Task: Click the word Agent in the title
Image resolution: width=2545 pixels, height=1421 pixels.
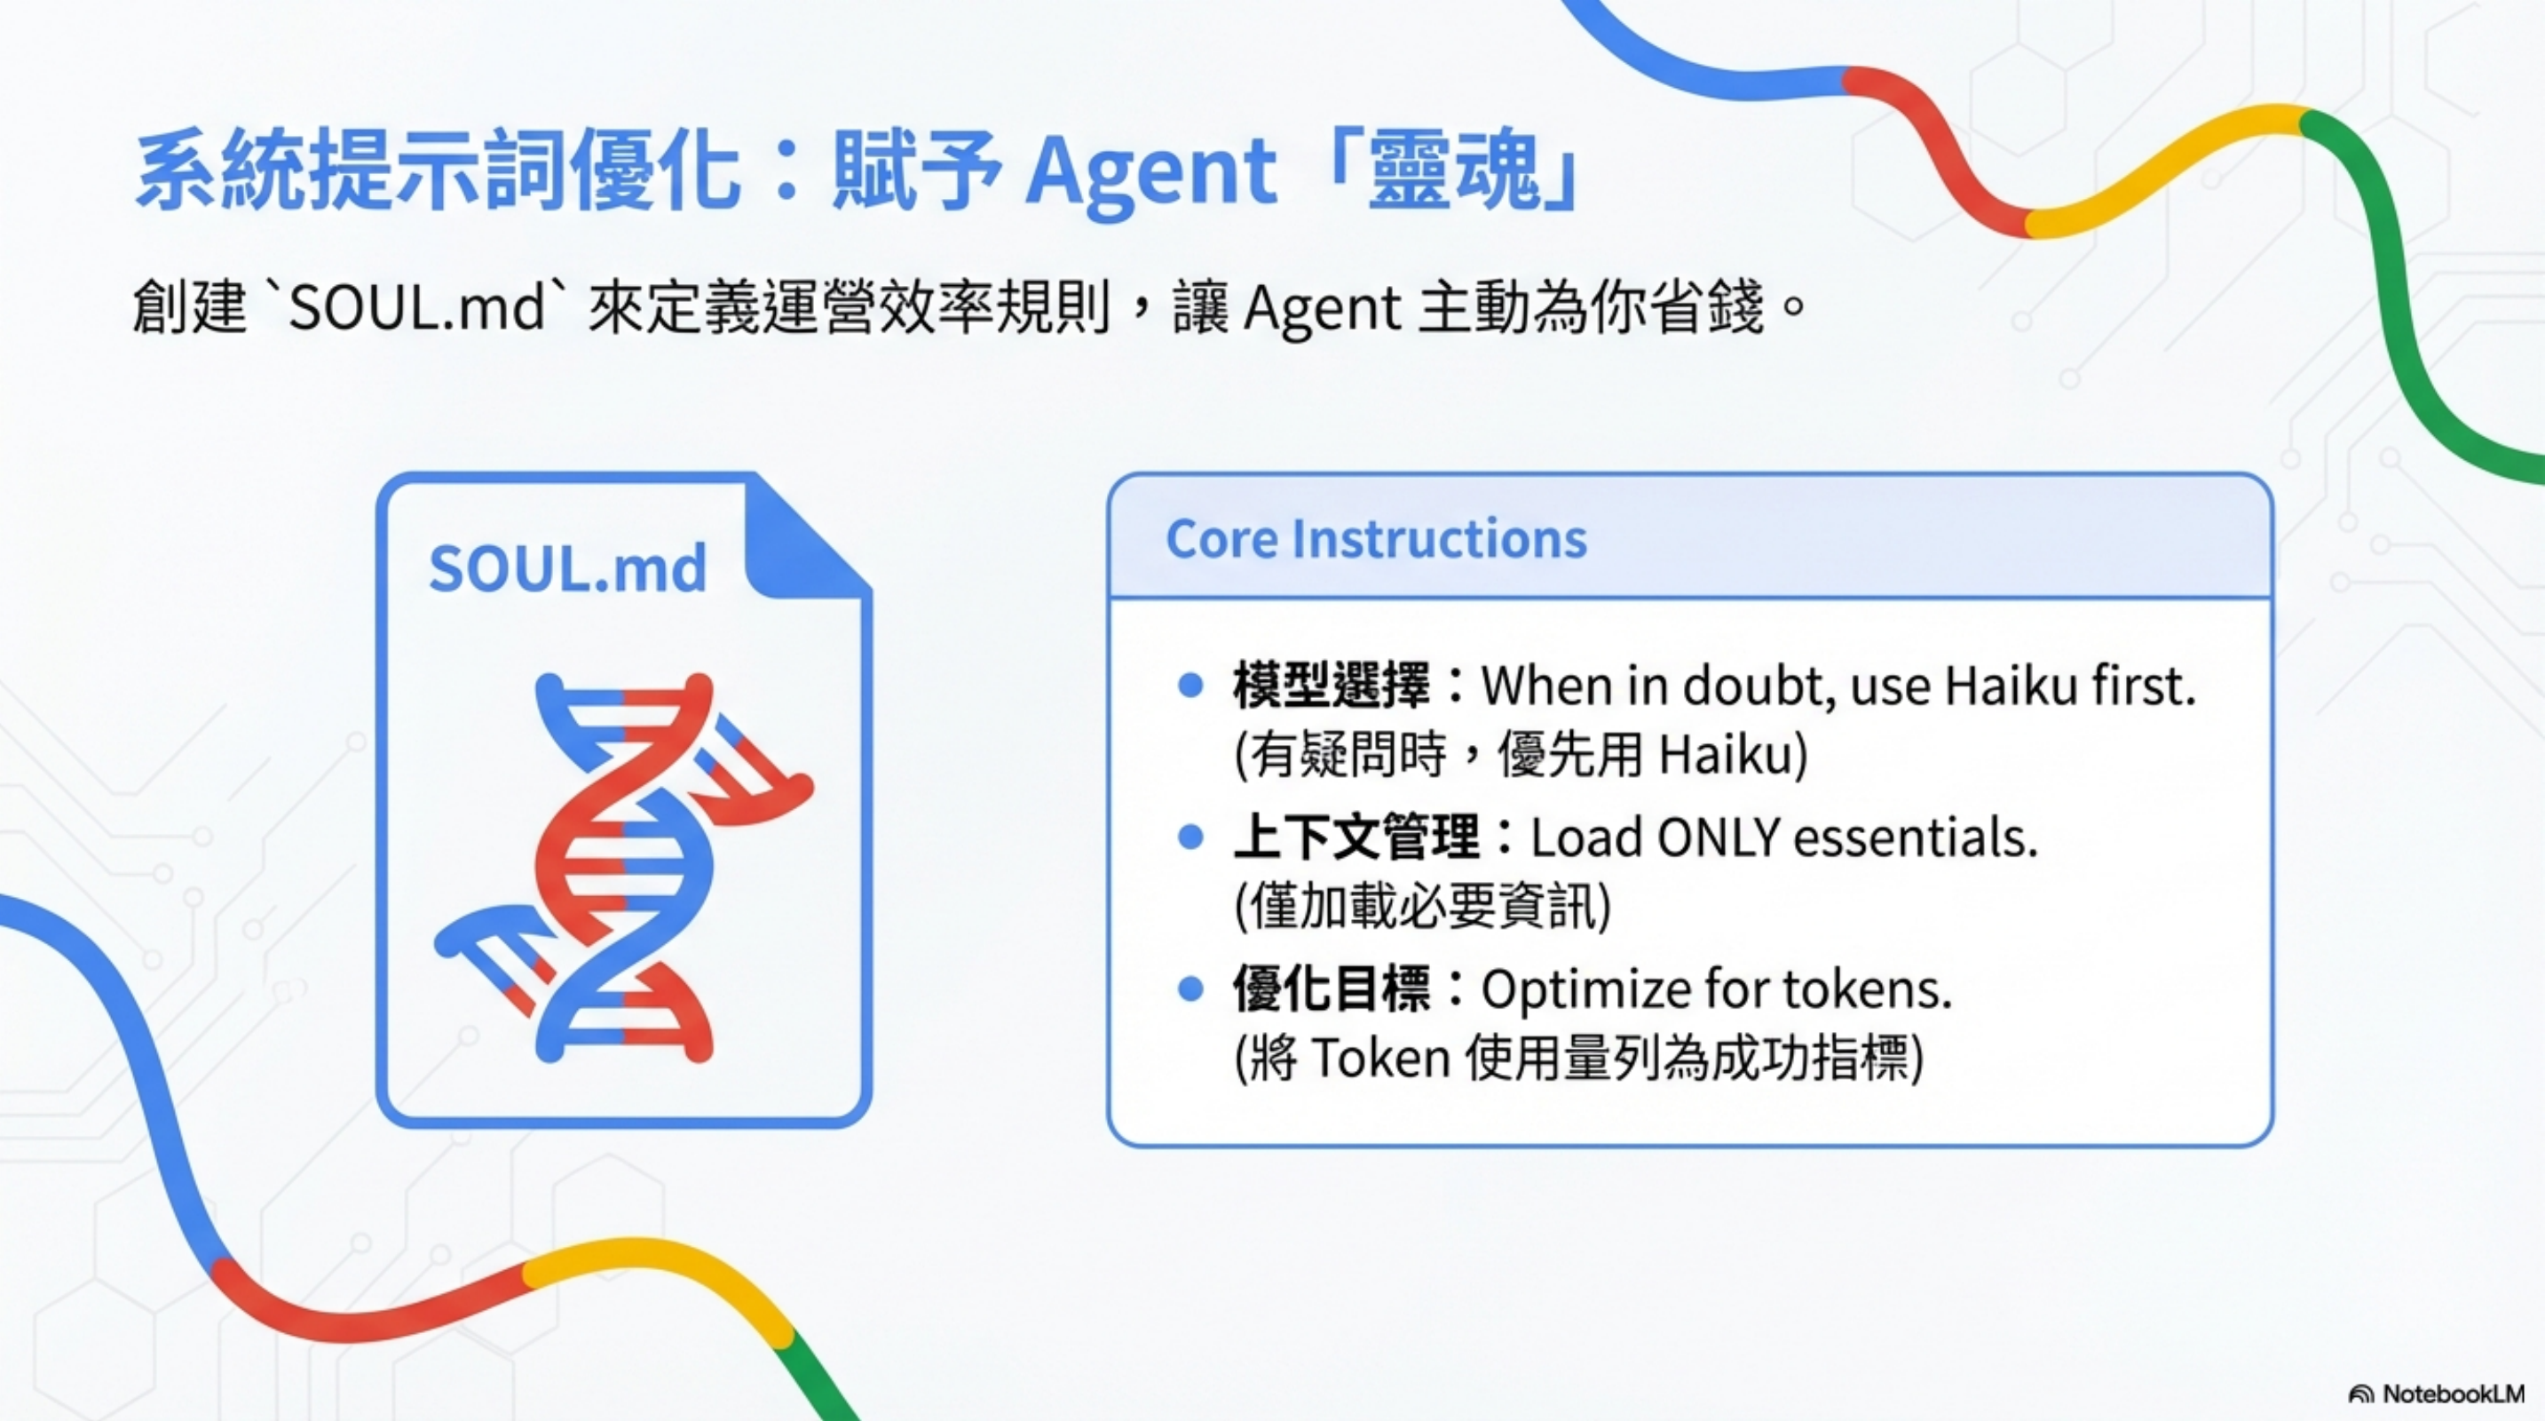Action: tap(1151, 172)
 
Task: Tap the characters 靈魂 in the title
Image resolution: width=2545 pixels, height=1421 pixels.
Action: tap(1455, 172)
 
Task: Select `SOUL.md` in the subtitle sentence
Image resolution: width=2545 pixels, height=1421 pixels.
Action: tap(418, 307)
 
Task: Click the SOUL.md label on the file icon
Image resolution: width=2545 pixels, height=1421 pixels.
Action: tap(568, 569)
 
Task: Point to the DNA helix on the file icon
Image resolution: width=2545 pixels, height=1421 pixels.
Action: tap(623, 868)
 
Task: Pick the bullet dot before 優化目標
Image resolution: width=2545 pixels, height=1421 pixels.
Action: tap(1190, 989)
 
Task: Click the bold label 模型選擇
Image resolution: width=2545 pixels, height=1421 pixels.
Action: tap(1331, 686)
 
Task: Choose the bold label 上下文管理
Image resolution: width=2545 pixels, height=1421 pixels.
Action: tap(1355, 838)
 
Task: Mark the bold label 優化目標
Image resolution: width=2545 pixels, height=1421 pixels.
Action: tap(1331, 989)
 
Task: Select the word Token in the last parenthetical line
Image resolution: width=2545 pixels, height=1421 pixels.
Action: tap(1380, 1059)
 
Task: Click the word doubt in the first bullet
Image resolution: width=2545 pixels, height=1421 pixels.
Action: tap(1759, 686)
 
